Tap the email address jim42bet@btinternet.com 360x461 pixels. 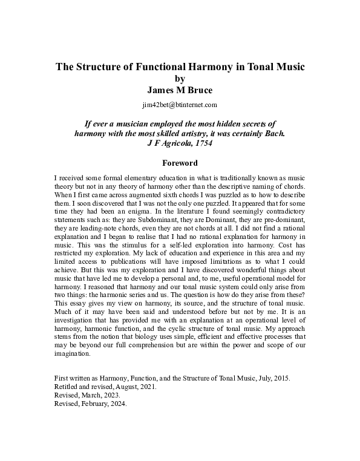[x=179, y=105]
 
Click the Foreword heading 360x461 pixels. [x=180, y=163]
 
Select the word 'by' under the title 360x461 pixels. [x=179, y=79]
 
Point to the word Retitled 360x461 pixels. [x=68, y=387]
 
